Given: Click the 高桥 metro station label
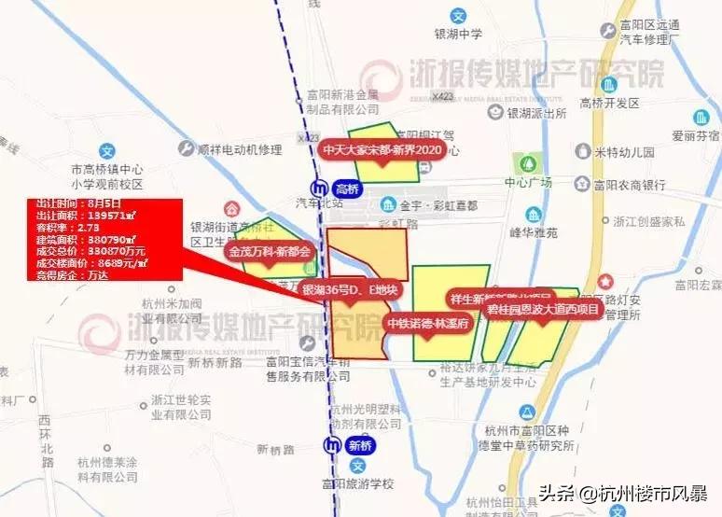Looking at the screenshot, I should pyautogui.click(x=346, y=189).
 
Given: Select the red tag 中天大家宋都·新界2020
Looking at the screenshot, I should pyautogui.click(x=381, y=149).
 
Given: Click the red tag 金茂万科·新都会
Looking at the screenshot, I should pyautogui.click(x=269, y=251).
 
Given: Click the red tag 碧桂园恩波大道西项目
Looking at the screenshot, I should pyautogui.click(x=542, y=310).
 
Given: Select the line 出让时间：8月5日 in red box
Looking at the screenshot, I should pyautogui.click(x=78, y=202).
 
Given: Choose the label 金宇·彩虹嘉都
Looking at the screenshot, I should pyautogui.click(x=437, y=204).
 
